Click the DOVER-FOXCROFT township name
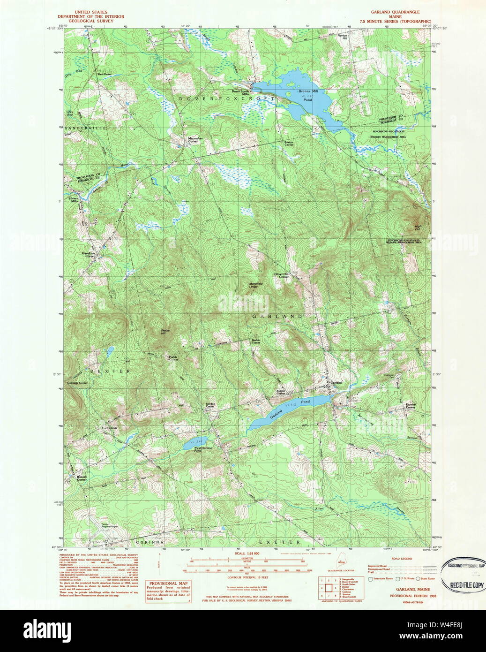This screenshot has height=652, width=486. pos(226,99)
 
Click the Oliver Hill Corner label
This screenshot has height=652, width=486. pos(281,275)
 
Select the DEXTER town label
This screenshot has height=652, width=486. pos(110,371)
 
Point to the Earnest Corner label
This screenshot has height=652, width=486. pos(410,406)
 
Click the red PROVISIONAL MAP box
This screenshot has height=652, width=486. pos(168,591)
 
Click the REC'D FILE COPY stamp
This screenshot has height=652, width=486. pos(466,585)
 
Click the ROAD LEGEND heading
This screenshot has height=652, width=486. pos(402,559)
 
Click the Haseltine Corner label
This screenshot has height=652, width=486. pos(89,255)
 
